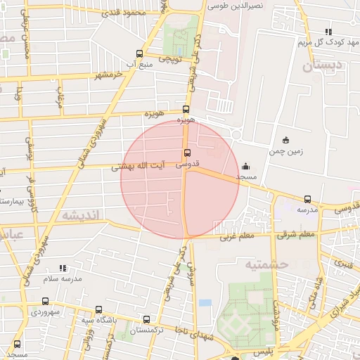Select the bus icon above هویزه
186,109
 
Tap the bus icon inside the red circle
186,153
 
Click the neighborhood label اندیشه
82,215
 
